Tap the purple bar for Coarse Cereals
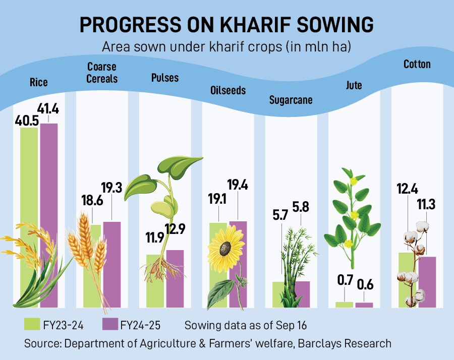click(111, 262)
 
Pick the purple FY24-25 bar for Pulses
click(175, 277)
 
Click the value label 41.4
click(49, 107)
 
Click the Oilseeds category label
click(228, 90)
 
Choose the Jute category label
click(354, 85)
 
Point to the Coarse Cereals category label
click(102, 72)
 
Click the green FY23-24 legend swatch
click(32, 324)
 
